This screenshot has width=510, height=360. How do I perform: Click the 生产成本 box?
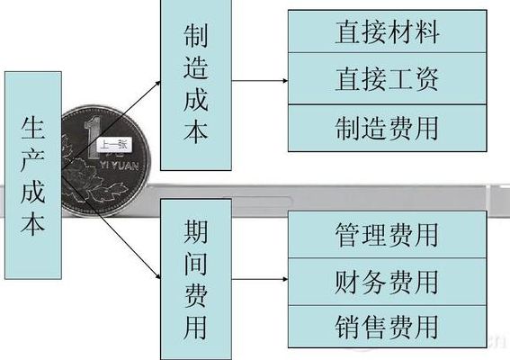click(33, 175)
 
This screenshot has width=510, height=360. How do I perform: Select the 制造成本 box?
click(196, 85)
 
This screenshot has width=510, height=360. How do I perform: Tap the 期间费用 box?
click(196, 279)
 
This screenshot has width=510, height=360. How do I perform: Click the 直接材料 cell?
click(388, 31)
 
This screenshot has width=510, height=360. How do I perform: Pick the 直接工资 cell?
click(388, 78)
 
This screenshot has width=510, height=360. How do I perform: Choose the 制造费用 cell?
click(388, 128)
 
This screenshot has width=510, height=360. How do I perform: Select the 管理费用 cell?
click(388, 234)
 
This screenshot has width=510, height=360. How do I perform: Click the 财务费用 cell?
click(388, 282)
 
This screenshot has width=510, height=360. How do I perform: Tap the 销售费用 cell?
click(388, 327)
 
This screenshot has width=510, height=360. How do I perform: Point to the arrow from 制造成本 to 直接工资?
click(260, 80)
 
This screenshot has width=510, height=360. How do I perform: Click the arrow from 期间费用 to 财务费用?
click(260, 279)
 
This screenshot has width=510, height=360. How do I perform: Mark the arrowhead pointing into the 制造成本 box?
click(158, 83)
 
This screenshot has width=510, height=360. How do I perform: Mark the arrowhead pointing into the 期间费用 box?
click(158, 276)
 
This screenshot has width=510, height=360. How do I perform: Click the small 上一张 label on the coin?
click(114, 145)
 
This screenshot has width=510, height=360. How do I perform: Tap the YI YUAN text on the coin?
click(119, 166)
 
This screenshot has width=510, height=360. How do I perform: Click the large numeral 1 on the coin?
click(93, 137)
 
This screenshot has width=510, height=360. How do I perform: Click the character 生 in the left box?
click(33, 128)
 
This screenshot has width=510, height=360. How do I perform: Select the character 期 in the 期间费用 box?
click(196, 230)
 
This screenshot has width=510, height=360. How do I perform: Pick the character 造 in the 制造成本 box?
click(196, 67)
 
